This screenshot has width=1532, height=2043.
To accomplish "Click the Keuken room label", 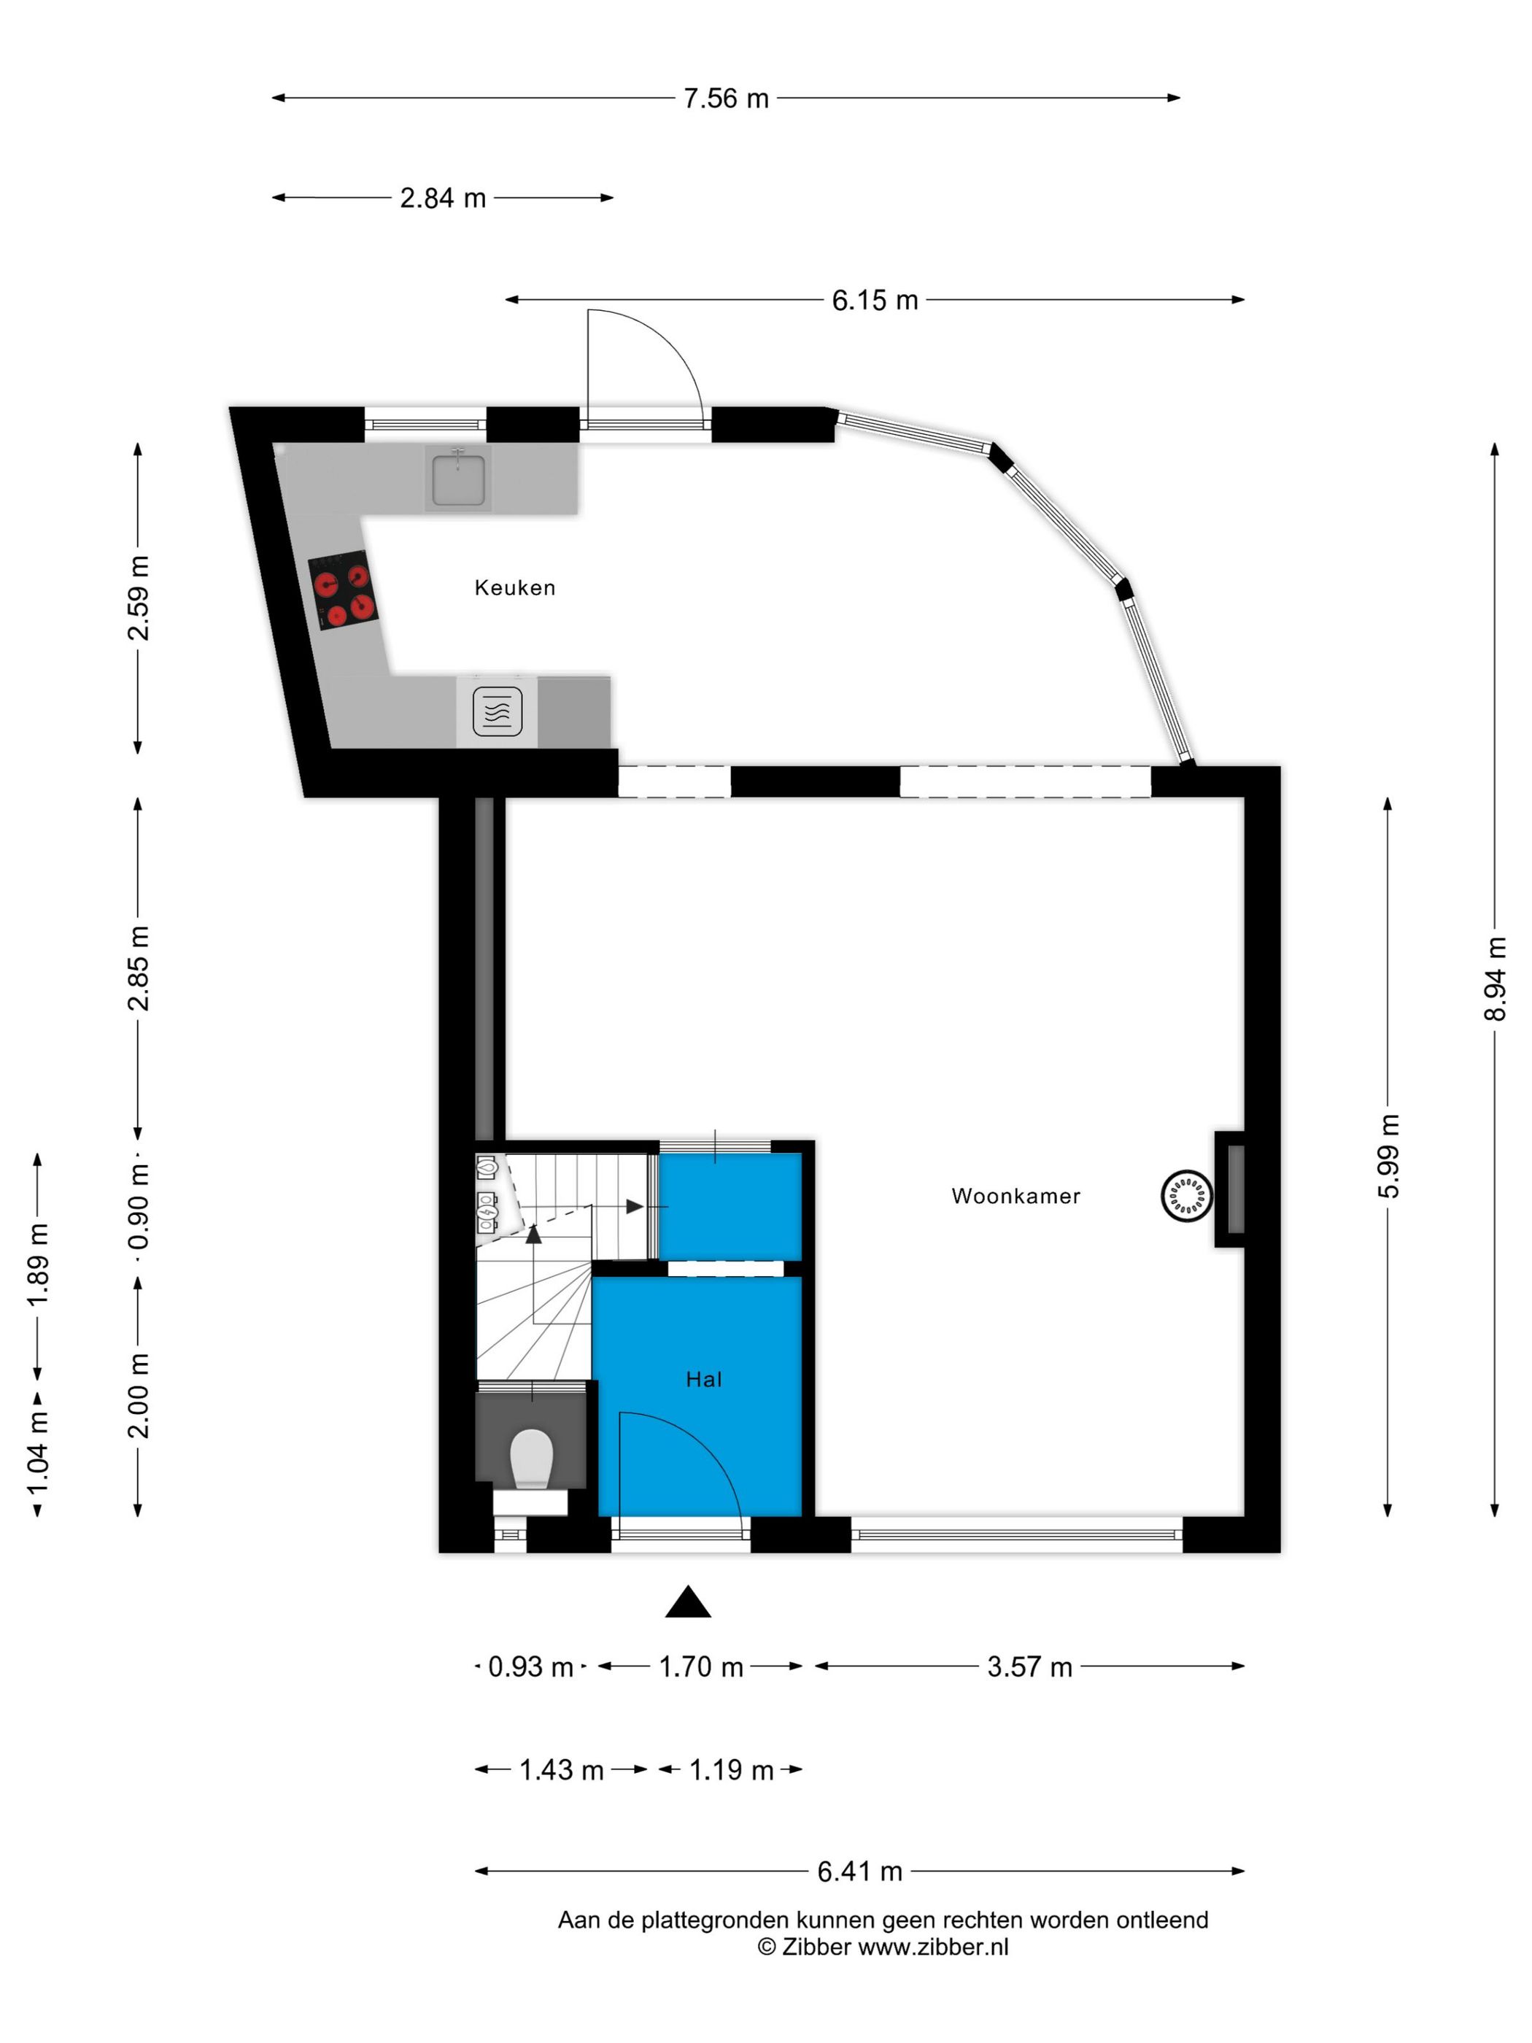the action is tap(514, 587).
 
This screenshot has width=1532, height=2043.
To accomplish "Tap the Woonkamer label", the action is tap(1015, 1196).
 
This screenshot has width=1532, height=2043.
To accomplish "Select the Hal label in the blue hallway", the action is tap(704, 1380).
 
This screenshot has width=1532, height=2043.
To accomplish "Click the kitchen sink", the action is tap(457, 476).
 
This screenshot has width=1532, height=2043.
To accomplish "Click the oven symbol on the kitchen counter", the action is tap(498, 711).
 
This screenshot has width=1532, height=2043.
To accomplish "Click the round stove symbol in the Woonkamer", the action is tap(1185, 1195).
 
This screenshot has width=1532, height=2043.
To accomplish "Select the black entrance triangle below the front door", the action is tap(688, 1602).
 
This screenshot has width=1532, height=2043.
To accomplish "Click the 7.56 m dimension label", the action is tap(726, 98).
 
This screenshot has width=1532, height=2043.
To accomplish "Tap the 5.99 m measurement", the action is tap(1388, 1156).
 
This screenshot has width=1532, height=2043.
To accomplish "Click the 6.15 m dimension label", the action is tap(875, 300).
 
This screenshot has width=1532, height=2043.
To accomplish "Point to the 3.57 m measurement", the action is tap(1029, 1667).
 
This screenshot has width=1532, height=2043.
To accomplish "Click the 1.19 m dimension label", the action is tap(732, 1769).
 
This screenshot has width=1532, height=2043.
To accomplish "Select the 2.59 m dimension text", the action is tap(139, 598).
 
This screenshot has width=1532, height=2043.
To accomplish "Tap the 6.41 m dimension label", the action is tap(859, 1872).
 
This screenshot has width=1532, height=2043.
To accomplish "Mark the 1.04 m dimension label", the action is tap(38, 1451).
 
